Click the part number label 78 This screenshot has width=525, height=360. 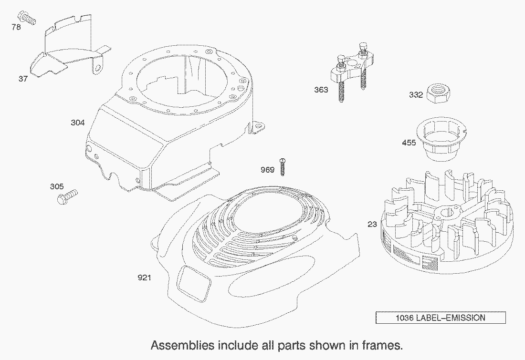pos(16,27)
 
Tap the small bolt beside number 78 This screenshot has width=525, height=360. pos(28,17)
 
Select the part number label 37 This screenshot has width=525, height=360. pos(23,79)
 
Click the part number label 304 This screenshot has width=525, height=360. pos(78,123)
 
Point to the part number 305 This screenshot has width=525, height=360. pos(57,186)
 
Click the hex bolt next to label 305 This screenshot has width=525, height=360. pos(67,197)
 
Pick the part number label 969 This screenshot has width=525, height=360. pos(268,170)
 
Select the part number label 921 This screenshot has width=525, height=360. pos(144,278)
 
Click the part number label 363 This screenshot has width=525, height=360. pos(321,90)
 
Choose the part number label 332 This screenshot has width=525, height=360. pos(416,95)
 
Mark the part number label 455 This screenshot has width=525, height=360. pos(409,143)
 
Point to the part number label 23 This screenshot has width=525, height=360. pos(372,225)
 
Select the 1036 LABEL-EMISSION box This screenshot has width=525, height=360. pos(441,318)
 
